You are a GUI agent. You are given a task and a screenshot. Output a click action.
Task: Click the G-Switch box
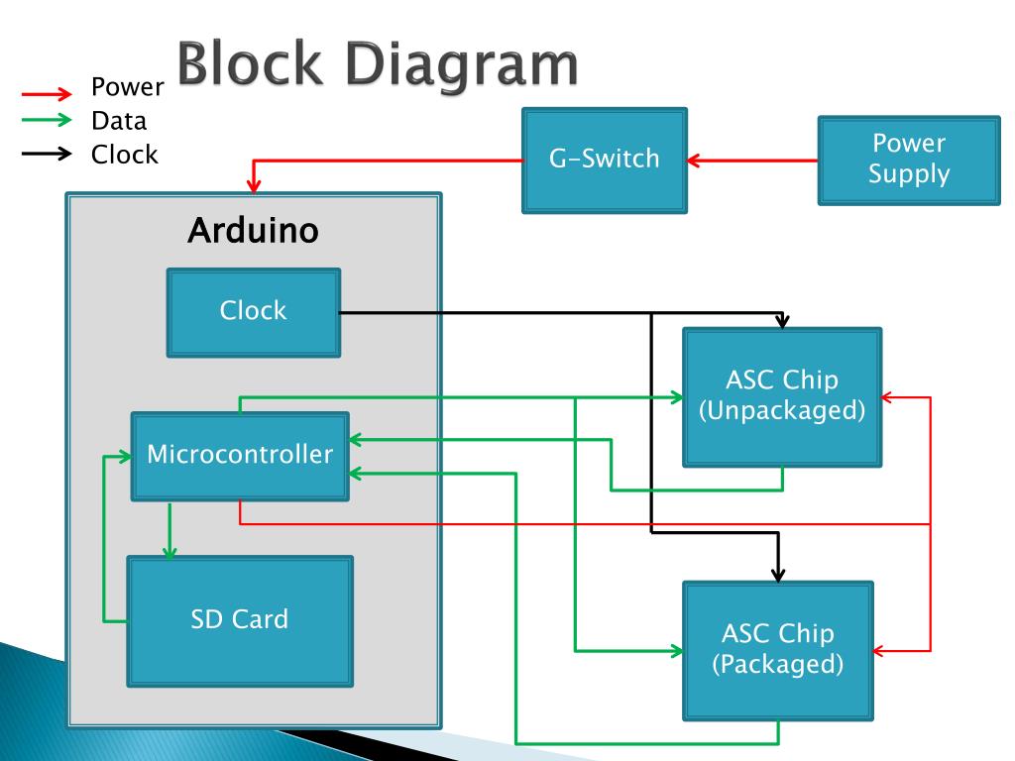pos(604,160)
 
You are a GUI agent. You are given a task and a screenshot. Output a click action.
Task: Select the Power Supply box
pos(909,161)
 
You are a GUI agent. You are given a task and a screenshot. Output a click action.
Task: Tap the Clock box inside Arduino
pos(254,312)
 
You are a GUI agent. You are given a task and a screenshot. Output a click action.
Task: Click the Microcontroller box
pos(240,456)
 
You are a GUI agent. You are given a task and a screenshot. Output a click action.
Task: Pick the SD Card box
pos(240,621)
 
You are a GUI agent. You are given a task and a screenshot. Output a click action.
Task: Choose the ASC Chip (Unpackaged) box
pos(782,396)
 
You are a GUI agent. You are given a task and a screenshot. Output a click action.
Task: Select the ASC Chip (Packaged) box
pos(778,650)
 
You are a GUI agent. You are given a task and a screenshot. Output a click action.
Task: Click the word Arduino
pos(253,230)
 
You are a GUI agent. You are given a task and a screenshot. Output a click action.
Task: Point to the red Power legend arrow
pos(47,94)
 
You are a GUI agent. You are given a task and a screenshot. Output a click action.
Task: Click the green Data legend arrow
pos(47,120)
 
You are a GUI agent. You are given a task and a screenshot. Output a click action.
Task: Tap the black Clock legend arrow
pos(47,154)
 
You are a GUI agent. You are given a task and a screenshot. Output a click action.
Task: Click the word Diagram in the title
pos(461,64)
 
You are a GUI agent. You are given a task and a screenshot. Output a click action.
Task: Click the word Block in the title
pos(249,62)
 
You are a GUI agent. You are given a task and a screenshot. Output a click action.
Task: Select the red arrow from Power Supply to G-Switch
pos(752,161)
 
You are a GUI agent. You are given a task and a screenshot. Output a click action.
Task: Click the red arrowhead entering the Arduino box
pos(254,185)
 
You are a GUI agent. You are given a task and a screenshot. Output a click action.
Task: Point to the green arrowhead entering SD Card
pos(169,551)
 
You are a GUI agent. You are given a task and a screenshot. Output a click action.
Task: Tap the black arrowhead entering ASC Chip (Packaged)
pos(778,574)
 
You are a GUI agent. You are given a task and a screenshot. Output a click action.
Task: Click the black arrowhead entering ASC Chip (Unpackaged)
pos(783,321)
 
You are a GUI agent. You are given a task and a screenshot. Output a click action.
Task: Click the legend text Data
pos(119,121)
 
